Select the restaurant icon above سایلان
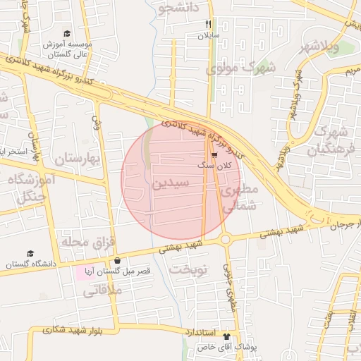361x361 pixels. point(208,24)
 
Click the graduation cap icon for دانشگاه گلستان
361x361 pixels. point(30,253)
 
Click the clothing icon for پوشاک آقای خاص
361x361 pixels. point(226,337)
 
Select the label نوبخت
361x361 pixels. point(191,270)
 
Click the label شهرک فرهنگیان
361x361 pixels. point(331,141)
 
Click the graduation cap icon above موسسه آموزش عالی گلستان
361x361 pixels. point(67,34)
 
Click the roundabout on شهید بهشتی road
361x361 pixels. point(226,240)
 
